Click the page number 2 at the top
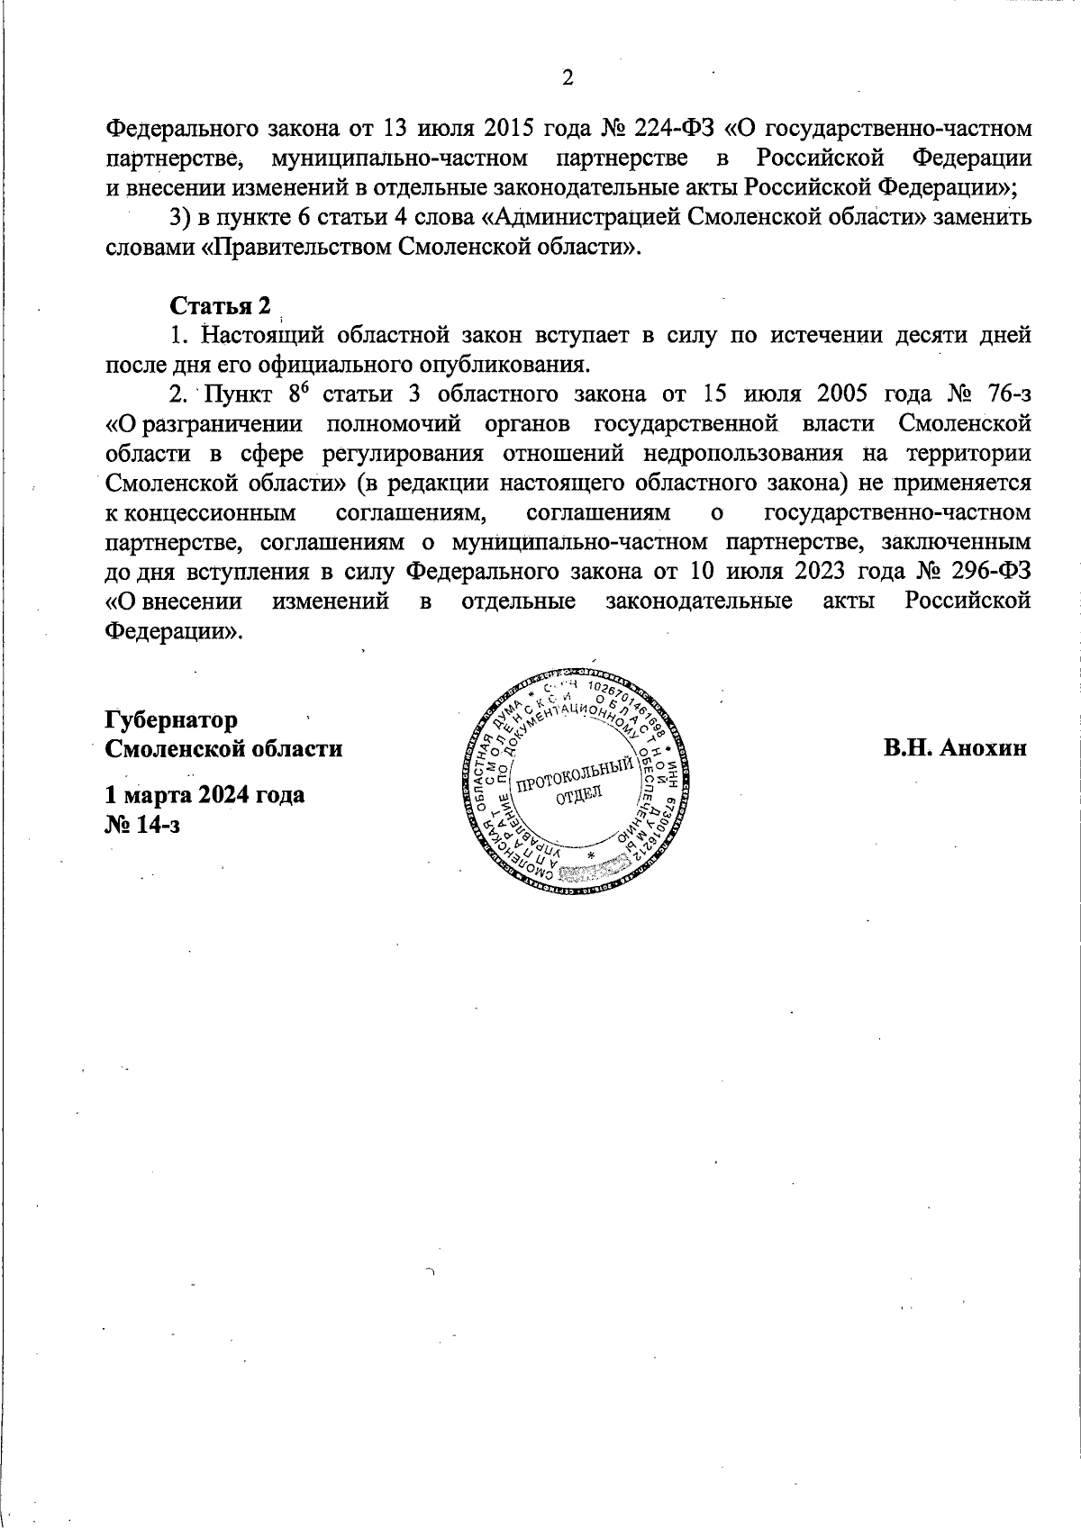tap(568, 78)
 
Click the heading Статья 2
tap(220, 306)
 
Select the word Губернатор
tap(172, 719)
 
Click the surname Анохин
tap(985, 748)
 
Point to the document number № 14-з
tap(142, 824)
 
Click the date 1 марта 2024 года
tap(204, 795)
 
